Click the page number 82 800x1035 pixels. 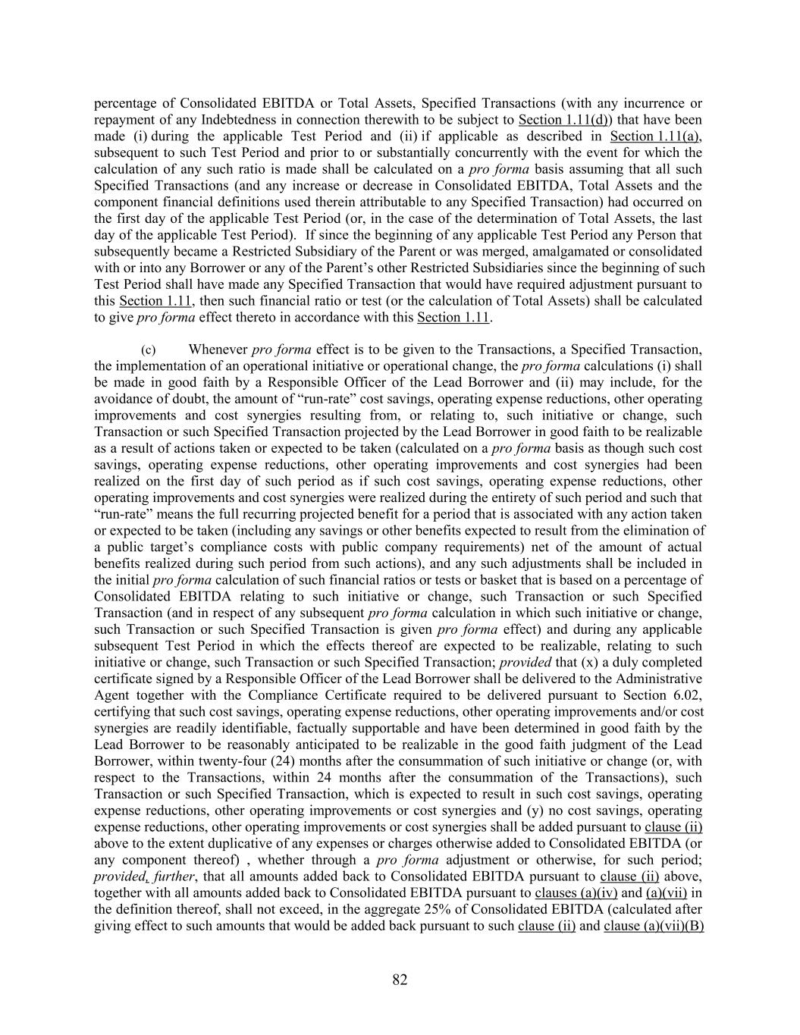coord(400,980)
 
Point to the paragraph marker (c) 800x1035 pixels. coord(148,350)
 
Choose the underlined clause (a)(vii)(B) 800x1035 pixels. coord(654,926)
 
